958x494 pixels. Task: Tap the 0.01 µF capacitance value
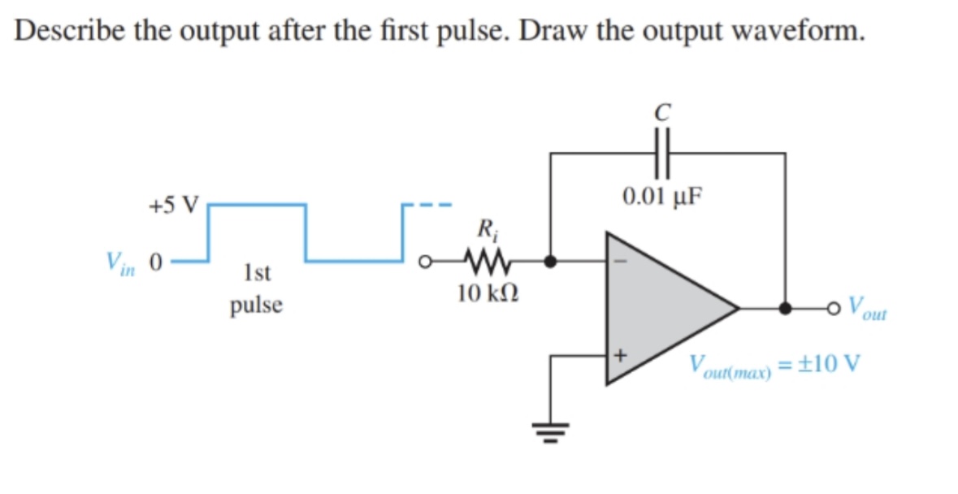click(x=662, y=197)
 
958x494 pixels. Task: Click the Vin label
click(x=119, y=262)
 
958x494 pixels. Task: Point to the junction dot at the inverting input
click(x=551, y=262)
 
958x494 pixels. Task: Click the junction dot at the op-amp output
click(x=785, y=309)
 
